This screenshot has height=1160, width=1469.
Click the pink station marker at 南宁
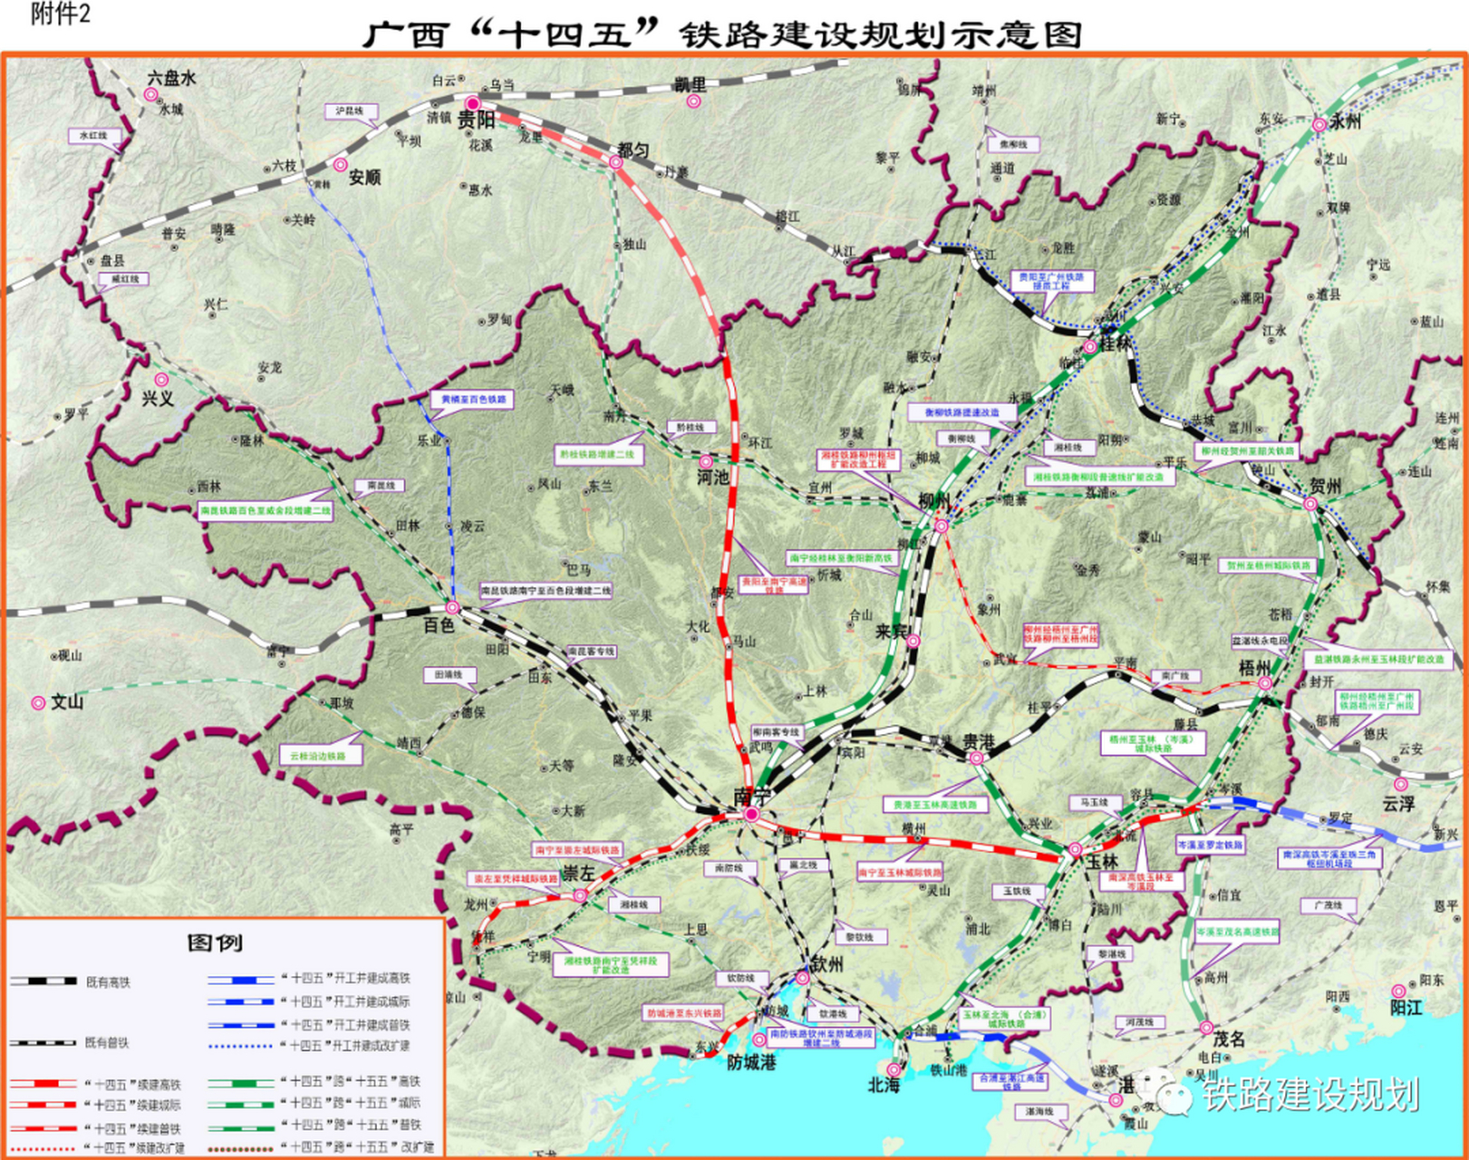click(751, 815)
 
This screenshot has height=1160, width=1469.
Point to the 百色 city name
click(439, 626)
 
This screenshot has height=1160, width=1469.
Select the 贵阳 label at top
click(476, 121)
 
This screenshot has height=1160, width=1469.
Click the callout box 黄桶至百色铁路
click(471, 400)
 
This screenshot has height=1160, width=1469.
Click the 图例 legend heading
click(215, 942)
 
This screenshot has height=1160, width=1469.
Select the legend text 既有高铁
click(108, 982)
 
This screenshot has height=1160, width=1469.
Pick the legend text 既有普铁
click(107, 1043)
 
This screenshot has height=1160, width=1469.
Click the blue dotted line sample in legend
click(239, 1046)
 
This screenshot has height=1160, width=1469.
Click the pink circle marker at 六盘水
click(151, 94)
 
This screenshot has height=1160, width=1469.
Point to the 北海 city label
click(884, 1085)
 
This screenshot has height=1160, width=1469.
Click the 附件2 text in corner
click(60, 14)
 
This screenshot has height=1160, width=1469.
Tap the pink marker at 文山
click(38, 702)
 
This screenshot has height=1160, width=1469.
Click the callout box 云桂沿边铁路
click(317, 756)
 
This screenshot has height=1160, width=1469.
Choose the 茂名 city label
click(1229, 1039)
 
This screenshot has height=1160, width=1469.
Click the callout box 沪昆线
click(349, 111)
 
